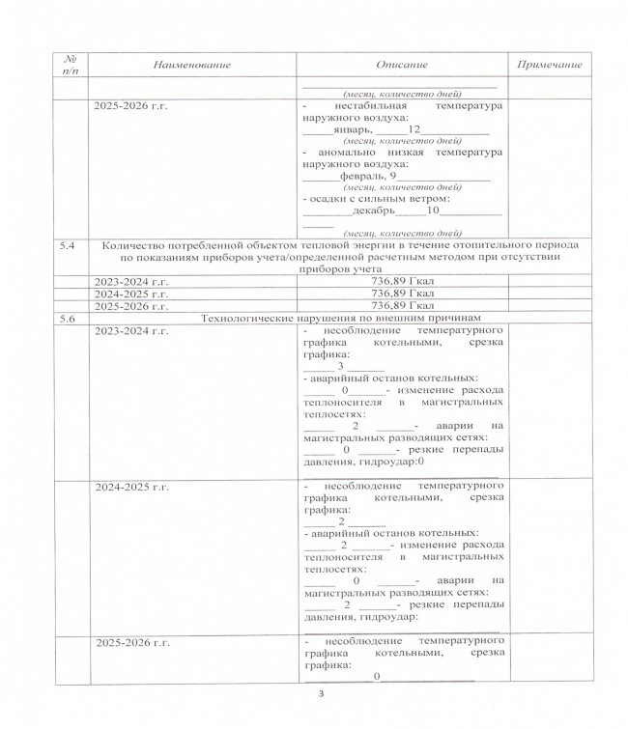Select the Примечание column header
pyautogui.click(x=549, y=63)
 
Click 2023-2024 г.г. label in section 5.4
pyautogui.click(x=130, y=281)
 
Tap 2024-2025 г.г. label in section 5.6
pyautogui.click(x=130, y=487)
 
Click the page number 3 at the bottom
pyautogui.click(x=323, y=693)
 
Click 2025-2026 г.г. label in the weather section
pyautogui.click(x=130, y=105)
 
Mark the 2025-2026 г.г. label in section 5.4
pyautogui.click(x=130, y=305)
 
